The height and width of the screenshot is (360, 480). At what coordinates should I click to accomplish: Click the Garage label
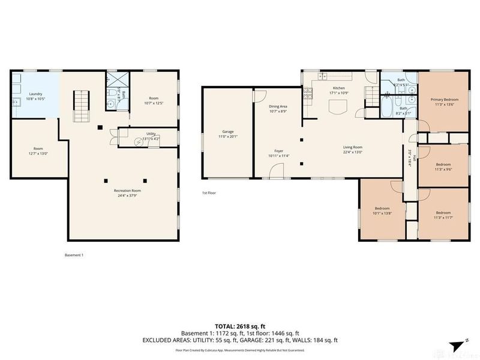pyautogui.click(x=227, y=131)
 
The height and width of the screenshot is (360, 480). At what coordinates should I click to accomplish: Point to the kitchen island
pyautogui.click(x=338, y=107)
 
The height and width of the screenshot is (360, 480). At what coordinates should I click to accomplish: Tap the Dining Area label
pyautogui.click(x=278, y=106)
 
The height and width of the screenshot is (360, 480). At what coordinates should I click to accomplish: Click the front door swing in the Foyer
pyautogui.click(x=277, y=172)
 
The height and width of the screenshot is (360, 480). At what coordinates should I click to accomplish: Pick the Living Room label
pyautogui.click(x=352, y=147)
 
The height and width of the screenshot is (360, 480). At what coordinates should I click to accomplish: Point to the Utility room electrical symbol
pyautogui.click(x=139, y=140)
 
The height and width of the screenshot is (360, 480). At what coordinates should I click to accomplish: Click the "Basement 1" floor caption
pyautogui.click(x=74, y=255)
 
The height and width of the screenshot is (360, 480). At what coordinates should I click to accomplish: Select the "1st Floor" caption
pyautogui.click(x=209, y=193)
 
